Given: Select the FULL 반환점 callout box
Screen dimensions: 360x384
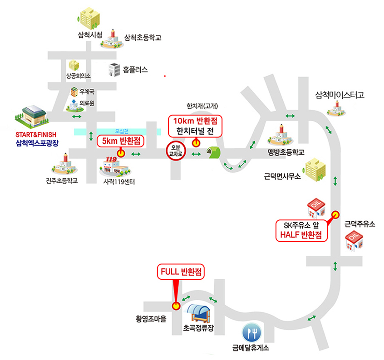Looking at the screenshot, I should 181,272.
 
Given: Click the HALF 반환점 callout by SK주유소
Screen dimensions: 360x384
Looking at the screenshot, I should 302,230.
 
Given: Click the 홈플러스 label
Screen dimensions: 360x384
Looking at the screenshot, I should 135,70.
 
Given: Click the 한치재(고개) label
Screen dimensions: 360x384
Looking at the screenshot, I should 202,106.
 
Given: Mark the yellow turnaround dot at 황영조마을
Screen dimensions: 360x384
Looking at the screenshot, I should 175,306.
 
